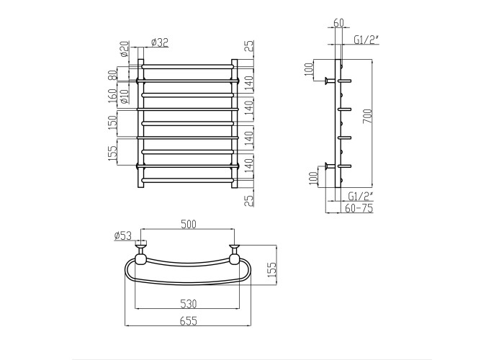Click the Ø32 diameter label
coord(159,42)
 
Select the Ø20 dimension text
coord(125,49)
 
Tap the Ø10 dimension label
coord(125,96)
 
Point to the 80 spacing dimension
coord(112,75)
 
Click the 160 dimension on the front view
coord(112,96)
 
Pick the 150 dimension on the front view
coord(112,122)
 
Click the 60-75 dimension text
coord(359,208)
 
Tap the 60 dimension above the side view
coord(339,23)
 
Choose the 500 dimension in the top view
coord(189,224)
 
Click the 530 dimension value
coord(189,303)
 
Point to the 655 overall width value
coord(189,321)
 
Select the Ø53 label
coord(123,235)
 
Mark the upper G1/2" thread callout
coord(366,39)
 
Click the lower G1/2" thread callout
coord(361,195)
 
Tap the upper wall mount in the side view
coord(330,81)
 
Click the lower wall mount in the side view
coord(330,166)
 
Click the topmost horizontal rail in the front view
coord(187,66)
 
